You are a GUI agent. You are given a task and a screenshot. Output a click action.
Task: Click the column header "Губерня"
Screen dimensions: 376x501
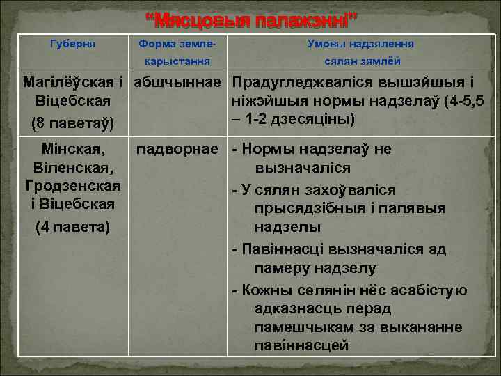pos(73,44)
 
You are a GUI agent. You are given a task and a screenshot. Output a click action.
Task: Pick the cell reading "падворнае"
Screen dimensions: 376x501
pos(177,149)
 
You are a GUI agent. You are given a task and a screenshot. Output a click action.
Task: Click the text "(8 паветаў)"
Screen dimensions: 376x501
pos(73,125)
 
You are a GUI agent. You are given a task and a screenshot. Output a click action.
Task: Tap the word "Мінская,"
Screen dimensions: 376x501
pos(73,149)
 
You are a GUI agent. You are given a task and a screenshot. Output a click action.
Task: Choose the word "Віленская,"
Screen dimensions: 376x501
pos(73,168)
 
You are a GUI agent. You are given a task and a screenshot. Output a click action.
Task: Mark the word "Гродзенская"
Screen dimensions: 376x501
pos(73,187)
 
